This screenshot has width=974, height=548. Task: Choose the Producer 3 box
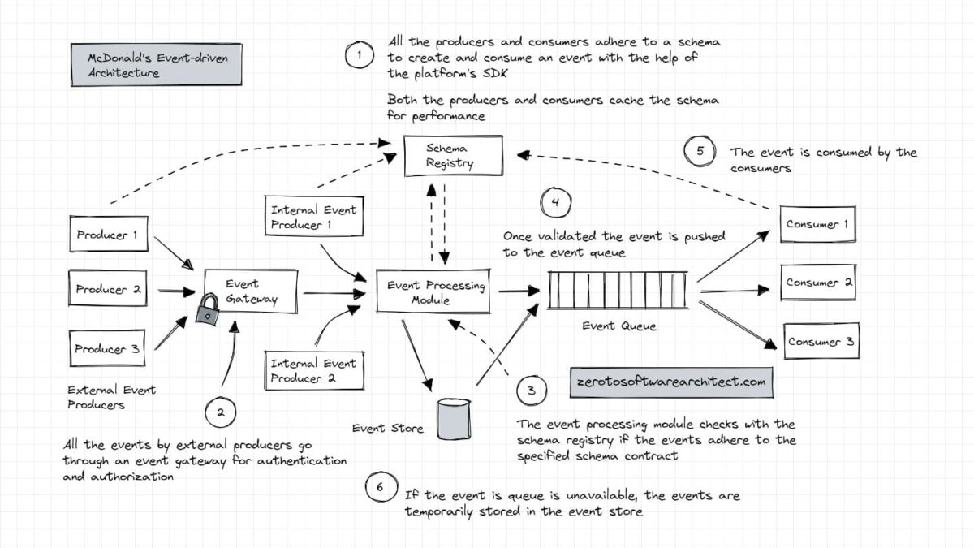click(x=108, y=349)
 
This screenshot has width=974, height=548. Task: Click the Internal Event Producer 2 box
click(x=312, y=371)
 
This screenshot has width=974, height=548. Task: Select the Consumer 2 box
click(x=818, y=283)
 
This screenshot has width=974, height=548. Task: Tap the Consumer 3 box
click(x=820, y=342)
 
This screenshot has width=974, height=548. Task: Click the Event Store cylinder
click(x=455, y=418)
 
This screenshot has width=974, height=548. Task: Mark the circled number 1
click(x=358, y=56)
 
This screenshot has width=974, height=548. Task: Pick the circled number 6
click(x=379, y=488)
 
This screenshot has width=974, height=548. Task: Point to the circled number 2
click(x=219, y=412)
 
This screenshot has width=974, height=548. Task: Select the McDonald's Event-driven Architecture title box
click(x=154, y=65)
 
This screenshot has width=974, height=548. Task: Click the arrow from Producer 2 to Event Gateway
click(x=174, y=290)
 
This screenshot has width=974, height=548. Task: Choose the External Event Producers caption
click(x=111, y=397)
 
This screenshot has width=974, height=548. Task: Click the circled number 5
click(x=700, y=151)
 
